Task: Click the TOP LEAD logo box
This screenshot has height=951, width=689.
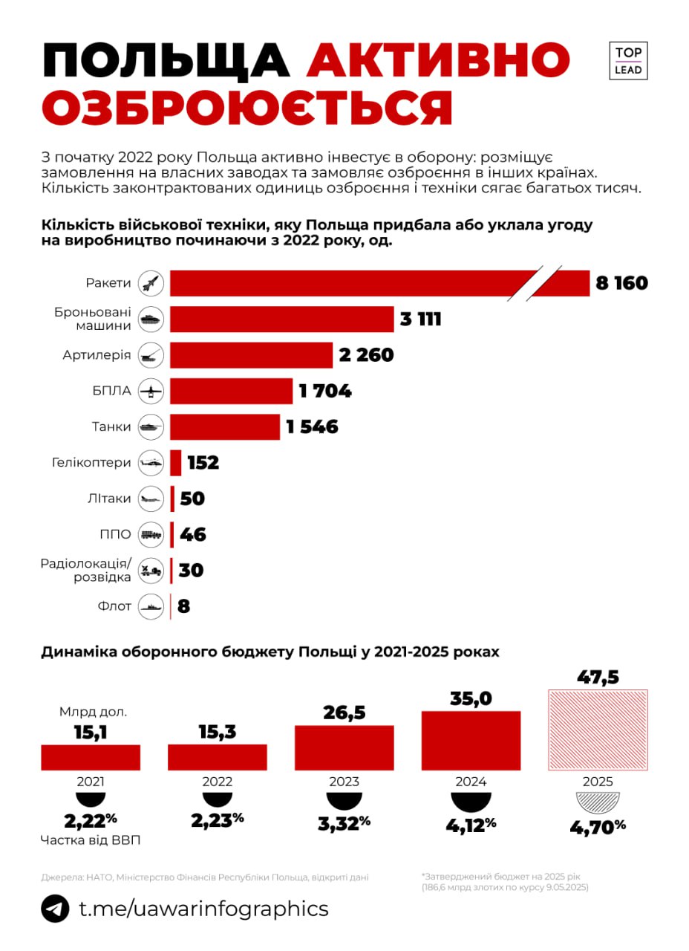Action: tap(628, 61)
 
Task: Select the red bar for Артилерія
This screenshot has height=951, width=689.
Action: tap(251, 355)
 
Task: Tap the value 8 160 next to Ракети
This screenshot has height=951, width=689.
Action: tap(621, 284)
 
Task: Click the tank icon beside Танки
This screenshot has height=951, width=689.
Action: tap(151, 426)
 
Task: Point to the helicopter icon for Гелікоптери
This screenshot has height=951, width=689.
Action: tap(151, 462)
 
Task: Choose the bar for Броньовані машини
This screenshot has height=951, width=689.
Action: tap(281, 319)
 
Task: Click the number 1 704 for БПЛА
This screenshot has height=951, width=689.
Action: tap(325, 391)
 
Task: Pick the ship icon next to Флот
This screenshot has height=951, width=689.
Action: tap(151, 606)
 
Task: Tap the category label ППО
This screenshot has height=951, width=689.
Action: tap(116, 534)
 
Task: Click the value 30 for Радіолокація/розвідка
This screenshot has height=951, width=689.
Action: tap(191, 571)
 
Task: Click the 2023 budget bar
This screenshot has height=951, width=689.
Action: tap(344, 747)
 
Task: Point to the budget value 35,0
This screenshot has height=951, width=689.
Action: tap(471, 699)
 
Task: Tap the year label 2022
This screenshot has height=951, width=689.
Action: tap(217, 782)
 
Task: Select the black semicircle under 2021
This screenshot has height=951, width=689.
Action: tap(90, 799)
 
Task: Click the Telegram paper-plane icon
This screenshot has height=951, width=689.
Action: tap(55, 909)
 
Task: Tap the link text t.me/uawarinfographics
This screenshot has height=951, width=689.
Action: tap(203, 909)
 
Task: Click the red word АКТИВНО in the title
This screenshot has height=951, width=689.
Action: tap(438, 61)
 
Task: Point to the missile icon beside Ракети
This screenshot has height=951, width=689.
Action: tap(151, 283)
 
